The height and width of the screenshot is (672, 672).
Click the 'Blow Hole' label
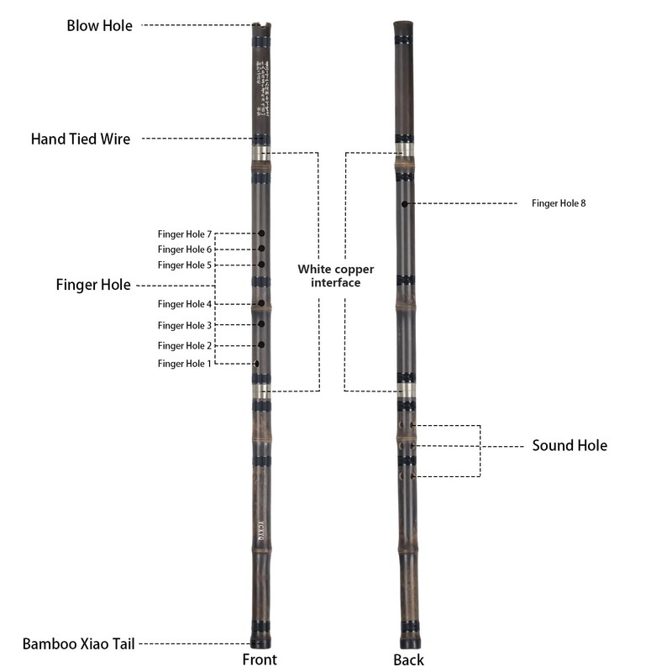(99, 25)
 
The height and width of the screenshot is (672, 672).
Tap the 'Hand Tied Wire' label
(81, 139)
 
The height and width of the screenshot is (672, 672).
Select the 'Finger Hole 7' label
(186, 234)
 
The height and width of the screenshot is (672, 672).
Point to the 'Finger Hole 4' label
(186, 304)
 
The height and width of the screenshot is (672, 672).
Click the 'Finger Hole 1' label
(186, 363)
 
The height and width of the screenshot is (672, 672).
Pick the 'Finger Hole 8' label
(559, 203)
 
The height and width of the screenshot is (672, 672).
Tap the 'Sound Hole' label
(570, 445)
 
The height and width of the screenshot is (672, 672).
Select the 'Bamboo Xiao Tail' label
(78, 644)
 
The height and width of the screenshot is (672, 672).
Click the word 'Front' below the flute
(260, 659)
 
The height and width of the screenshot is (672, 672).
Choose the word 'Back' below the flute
(408, 659)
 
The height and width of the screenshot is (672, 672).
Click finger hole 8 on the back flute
(405, 203)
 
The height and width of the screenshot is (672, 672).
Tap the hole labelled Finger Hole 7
(262, 234)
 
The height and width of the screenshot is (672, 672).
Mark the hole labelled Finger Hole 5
(262, 265)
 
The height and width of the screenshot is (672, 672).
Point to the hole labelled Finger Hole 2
(262, 345)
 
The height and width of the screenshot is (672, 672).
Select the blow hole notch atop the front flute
(262, 26)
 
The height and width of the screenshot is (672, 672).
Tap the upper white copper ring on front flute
(262, 154)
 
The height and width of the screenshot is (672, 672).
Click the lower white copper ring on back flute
(406, 391)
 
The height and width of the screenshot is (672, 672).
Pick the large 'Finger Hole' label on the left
(92, 286)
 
